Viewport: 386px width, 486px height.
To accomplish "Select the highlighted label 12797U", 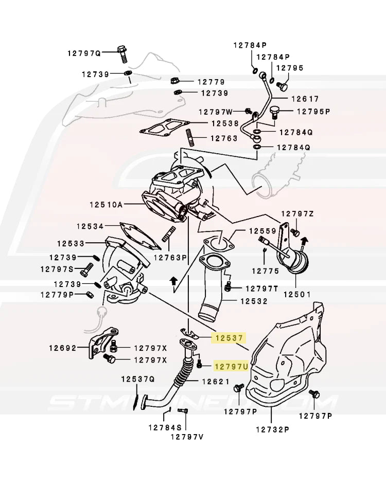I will coord(231,366).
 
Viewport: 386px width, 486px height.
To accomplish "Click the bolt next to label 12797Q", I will coord(122,52).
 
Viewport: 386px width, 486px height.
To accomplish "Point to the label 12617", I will coord(305,99).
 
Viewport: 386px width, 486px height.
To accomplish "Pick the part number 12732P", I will coord(272,428).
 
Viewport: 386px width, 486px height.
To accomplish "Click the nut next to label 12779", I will coord(174,81).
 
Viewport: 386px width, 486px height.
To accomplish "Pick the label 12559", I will coord(263,231).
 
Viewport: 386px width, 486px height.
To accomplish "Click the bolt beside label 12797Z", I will coord(295,232).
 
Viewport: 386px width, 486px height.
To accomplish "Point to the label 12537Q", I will coord(138,380).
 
